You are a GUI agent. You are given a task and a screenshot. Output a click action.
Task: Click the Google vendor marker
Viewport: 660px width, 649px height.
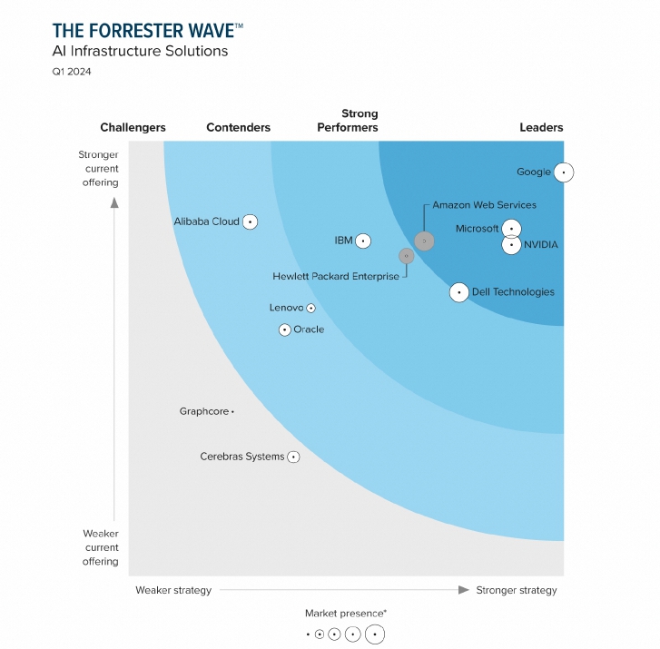564,172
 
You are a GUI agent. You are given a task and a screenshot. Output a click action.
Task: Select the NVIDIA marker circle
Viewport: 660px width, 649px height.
512,244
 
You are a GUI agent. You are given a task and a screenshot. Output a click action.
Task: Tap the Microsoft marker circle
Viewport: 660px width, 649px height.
512,229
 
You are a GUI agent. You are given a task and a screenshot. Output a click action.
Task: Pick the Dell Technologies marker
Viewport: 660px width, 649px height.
459,292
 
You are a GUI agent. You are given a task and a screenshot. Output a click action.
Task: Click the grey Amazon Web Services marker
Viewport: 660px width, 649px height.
424,241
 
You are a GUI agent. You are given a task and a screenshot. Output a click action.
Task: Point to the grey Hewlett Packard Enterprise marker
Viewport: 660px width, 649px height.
407,256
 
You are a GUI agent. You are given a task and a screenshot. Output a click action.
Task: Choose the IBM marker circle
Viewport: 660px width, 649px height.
363,241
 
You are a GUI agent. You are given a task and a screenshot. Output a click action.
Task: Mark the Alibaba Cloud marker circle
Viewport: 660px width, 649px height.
250,221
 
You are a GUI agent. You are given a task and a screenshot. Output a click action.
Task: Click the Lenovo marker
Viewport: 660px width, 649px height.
311,309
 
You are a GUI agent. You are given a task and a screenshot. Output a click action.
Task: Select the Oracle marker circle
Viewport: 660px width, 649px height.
285,329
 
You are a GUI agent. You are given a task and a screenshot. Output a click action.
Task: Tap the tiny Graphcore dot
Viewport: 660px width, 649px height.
232,412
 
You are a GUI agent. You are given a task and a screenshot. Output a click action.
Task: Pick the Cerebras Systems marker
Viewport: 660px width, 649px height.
293,457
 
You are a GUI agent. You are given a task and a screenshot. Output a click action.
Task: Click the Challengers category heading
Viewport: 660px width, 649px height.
133,127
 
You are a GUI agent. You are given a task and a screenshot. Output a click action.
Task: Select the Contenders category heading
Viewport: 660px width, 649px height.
238,127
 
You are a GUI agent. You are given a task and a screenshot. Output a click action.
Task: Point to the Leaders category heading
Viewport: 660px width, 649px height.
541,127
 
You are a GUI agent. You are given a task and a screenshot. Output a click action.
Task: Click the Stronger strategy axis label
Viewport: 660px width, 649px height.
517,590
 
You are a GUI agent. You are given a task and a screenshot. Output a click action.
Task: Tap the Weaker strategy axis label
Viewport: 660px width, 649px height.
173,590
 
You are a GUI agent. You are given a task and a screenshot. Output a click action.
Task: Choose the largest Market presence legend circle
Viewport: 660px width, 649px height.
375,634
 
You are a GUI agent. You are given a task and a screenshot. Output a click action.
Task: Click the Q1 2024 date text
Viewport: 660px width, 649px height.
72,72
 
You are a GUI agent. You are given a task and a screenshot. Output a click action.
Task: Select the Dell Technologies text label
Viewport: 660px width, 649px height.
514,292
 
